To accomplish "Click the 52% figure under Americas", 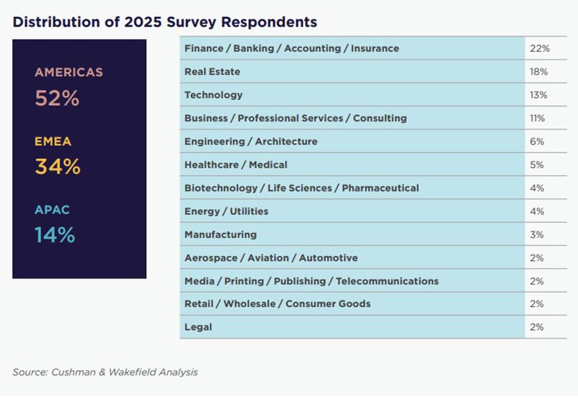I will pos(57,98).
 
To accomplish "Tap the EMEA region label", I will pos(53,142).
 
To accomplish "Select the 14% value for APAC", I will pos(54,235).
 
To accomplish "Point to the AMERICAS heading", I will pos(69,72).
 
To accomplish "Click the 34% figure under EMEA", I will pos(57,166).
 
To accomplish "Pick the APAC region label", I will pos(52,210).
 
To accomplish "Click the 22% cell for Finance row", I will pos(539,49).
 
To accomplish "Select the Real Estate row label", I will pos(212,72).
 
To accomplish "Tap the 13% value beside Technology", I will pos(539,95).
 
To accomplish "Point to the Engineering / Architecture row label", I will pos(251,141).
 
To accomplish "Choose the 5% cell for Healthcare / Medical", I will pos(537,164).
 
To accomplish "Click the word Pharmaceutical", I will pos(380,188).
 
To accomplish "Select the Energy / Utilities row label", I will pos(226,211).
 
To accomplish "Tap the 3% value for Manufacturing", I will pos(537,234).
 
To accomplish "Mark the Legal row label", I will pos(199,327).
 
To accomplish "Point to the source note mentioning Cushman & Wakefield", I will pos(105,372).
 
